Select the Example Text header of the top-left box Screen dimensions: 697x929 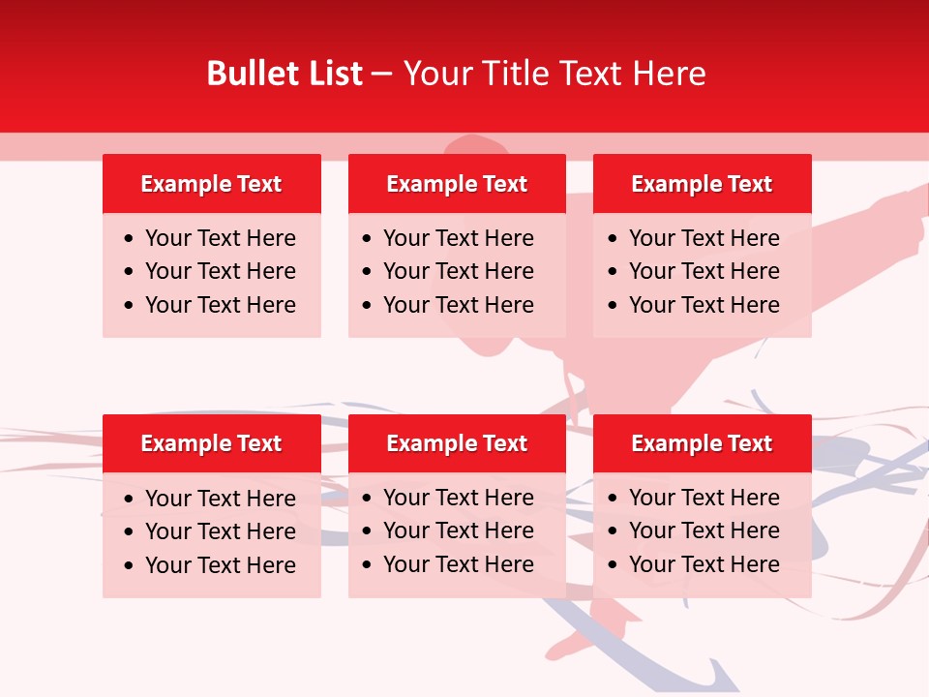[211, 184]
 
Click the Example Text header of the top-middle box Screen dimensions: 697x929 [457, 184]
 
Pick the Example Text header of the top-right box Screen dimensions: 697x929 [702, 184]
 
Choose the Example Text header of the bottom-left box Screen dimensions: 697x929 [211, 443]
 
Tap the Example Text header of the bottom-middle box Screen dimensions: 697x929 [457, 443]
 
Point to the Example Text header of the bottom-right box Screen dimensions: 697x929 [702, 443]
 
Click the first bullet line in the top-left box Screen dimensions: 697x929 [221, 238]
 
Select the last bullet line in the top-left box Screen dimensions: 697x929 [221, 305]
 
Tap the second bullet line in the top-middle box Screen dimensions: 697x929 [459, 271]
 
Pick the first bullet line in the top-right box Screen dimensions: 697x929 [704, 238]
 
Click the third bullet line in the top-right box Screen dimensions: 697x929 [704, 305]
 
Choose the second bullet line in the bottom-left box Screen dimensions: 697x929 [221, 531]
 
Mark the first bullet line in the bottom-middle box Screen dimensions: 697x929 [459, 498]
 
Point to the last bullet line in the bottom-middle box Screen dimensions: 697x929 [459, 564]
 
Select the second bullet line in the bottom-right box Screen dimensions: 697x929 [704, 530]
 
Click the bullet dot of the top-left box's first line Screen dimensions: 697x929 [130, 239]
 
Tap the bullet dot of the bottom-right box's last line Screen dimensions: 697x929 [614, 565]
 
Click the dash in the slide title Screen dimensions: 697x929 [382, 75]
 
